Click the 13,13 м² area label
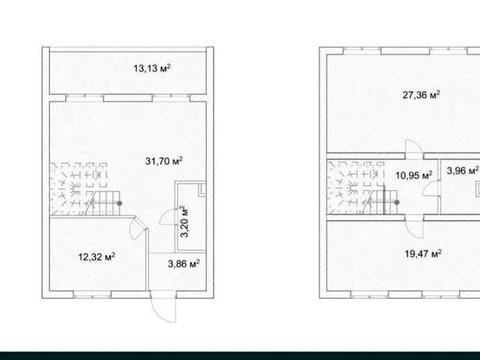click(152, 68)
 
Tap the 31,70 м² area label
click(164, 161)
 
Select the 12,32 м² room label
click(97, 257)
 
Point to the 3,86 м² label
click(184, 264)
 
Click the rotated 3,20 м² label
click(184, 221)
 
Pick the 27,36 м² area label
click(421, 95)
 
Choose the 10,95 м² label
click(414, 175)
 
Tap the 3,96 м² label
click(463, 171)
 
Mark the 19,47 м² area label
click(423, 254)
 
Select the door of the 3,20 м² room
click(168, 217)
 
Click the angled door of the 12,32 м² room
click(137, 228)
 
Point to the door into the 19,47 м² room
click(414, 227)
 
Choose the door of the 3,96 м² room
click(431, 189)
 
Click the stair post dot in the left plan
click(119, 203)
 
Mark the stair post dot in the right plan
click(397, 202)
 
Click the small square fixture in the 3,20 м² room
click(202, 189)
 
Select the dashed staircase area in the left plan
click(79, 189)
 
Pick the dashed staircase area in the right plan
click(357, 188)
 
